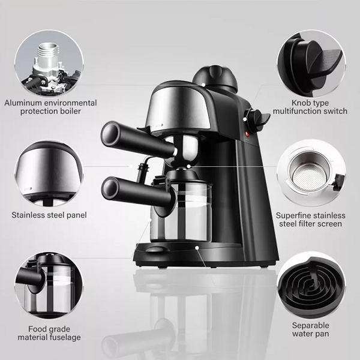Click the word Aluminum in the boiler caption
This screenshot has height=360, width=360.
pos(23,103)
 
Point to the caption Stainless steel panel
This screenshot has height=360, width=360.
pos(49,214)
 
